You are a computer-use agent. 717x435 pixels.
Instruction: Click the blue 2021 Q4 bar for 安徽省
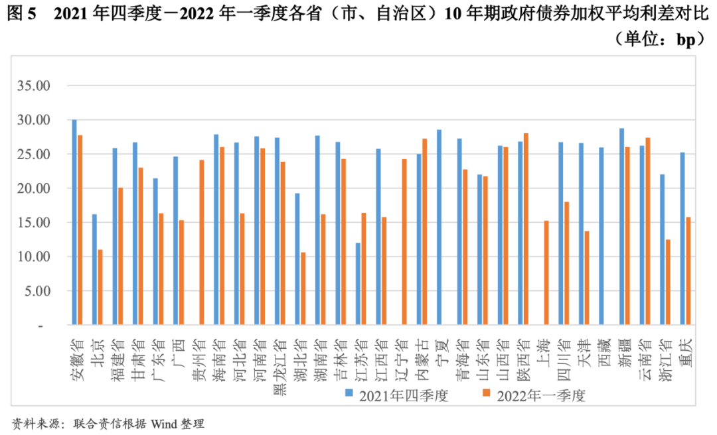pos(74,223)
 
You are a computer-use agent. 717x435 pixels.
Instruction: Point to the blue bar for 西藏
pos(601,237)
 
